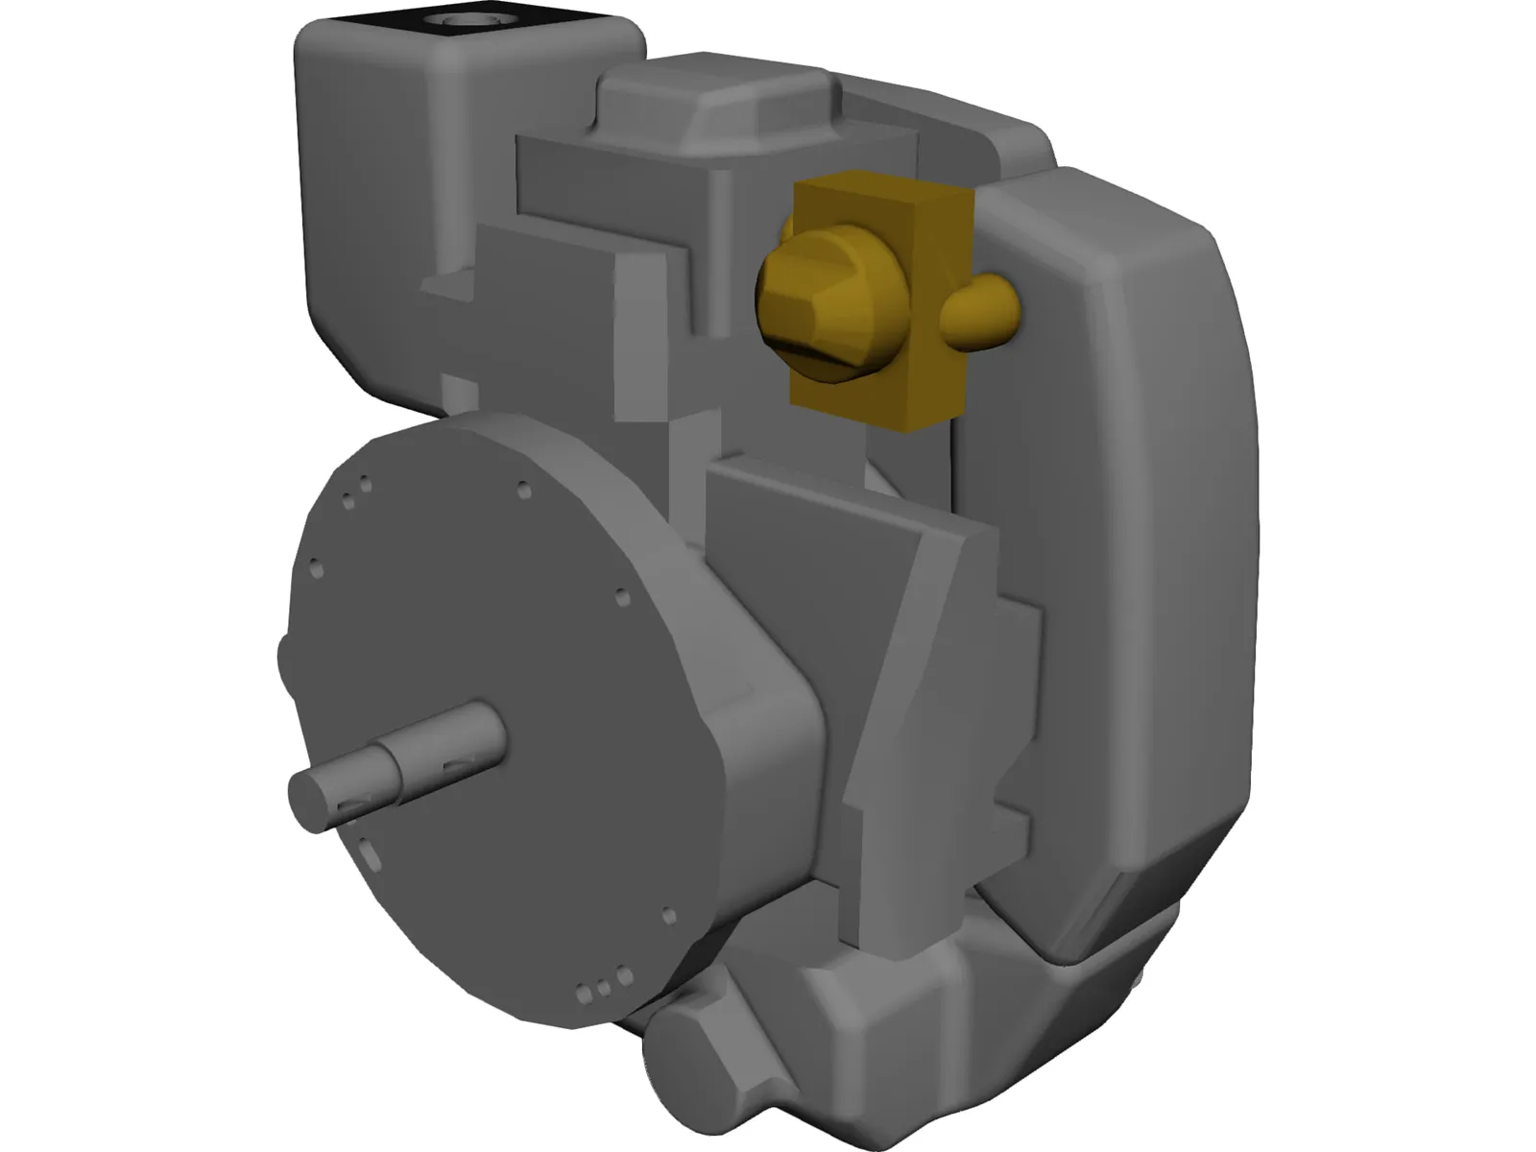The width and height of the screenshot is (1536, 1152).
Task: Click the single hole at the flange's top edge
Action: pyautogui.click(x=523, y=491)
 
